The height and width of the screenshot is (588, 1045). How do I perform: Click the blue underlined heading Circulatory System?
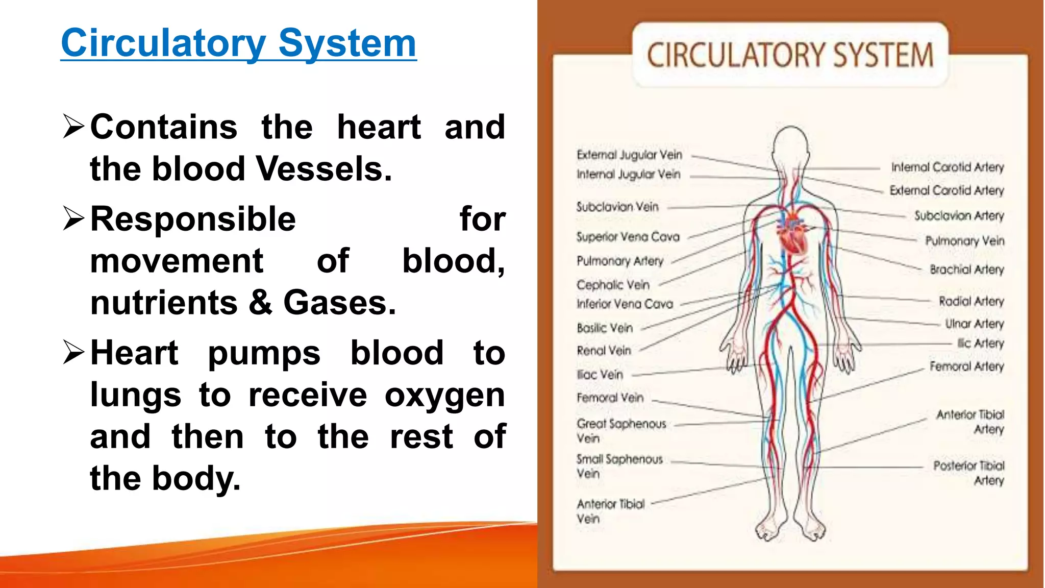[x=238, y=43]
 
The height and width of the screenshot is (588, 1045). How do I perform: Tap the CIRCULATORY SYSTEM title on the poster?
[x=790, y=55]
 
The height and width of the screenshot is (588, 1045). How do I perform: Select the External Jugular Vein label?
[x=629, y=155]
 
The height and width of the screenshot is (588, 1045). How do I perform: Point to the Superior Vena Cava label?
[x=628, y=237]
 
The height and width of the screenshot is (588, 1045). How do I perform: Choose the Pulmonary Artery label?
[x=620, y=261]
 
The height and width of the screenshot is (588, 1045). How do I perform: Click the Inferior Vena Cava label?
[x=625, y=304]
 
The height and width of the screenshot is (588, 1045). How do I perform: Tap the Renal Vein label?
[x=604, y=351]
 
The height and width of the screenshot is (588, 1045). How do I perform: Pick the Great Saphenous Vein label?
[x=621, y=430]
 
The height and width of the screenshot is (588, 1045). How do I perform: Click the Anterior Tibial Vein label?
[x=610, y=511]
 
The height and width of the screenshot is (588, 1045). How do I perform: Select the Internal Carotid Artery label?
[x=947, y=167]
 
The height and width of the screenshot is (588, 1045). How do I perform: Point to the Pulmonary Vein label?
[x=964, y=241]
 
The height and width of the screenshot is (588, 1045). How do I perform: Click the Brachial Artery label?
[x=966, y=269]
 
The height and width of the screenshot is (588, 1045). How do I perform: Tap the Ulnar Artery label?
[x=974, y=324]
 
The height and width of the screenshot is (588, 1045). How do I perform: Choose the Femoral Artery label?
[x=966, y=366]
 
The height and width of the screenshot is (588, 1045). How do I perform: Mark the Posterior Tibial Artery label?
[x=968, y=473]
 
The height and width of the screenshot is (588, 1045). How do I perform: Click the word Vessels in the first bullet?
[x=324, y=169]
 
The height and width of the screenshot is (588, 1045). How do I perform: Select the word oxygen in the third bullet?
[x=444, y=395]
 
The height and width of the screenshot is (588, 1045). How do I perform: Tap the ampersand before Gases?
[x=261, y=302]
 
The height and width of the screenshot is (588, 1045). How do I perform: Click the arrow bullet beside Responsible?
[x=73, y=219]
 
